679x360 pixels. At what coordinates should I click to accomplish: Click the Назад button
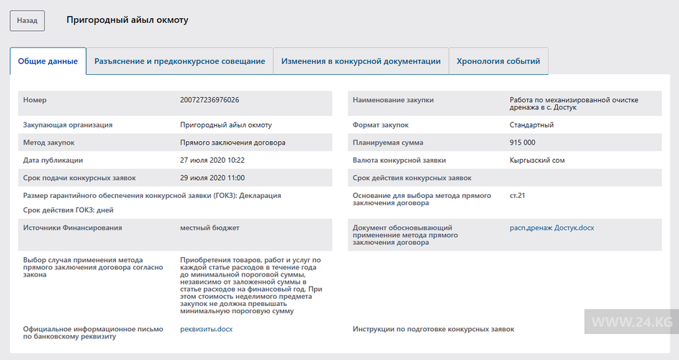tap(27, 21)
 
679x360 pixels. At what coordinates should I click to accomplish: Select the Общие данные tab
tap(48, 61)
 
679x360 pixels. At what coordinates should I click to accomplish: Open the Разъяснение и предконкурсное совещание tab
tap(179, 61)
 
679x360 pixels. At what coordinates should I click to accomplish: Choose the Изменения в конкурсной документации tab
tap(361, 61)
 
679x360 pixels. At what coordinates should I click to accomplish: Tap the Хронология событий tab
tap(498, 61)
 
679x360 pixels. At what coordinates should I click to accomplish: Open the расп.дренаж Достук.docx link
tap(552, 228)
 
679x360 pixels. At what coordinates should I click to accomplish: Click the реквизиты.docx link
tap(206, 329)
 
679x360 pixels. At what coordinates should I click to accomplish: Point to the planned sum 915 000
tap(522, 143)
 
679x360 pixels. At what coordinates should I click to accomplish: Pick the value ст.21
tap(518, 195)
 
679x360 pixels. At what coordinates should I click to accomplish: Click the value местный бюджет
tap(210, 228)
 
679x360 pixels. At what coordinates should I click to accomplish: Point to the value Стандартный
tap(531, 125)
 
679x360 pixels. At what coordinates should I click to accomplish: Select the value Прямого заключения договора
tap(233, 143)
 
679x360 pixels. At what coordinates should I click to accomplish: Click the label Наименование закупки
tap(393, 100)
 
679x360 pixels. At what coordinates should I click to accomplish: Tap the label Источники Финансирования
tap(72, 228)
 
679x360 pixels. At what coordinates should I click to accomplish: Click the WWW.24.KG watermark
tap(631, 320)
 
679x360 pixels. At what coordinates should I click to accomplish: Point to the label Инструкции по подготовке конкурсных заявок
tap(433, 329)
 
